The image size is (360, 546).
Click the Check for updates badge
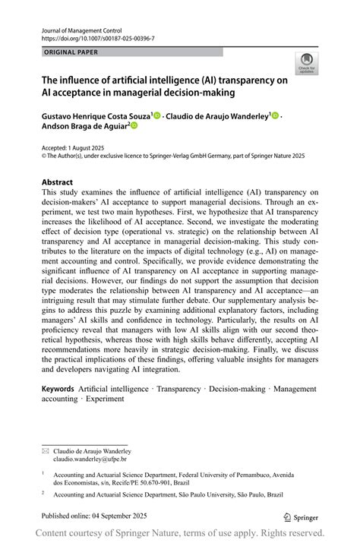pyautogui.click(x=307, y=62)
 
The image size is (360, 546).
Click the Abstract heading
pyautogui.click(x=57, y=182)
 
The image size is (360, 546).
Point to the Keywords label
pyautogui.click(x=58, y=389)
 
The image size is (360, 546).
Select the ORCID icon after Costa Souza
pyautogui.click(x=157, y=115)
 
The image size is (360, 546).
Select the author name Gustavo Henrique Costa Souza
pyautogui.click(x=95, y=115)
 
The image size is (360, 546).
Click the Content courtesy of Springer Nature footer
pyautogui.click(x=180, y=533)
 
